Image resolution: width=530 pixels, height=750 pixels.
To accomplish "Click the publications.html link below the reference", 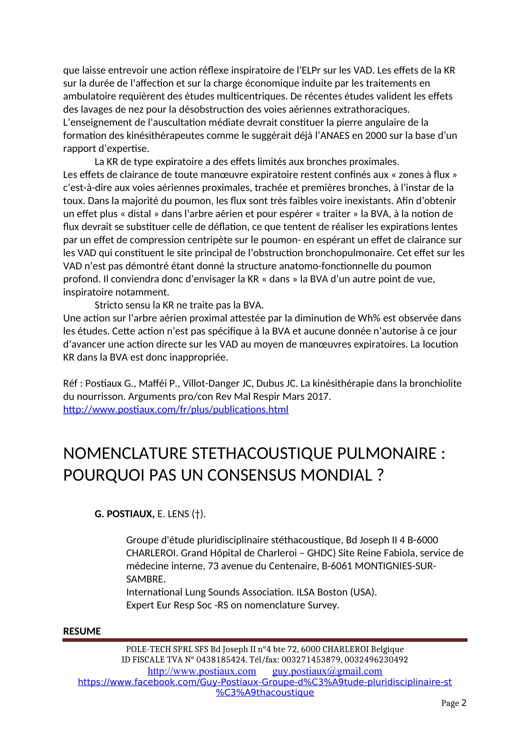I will [x=176, y=409].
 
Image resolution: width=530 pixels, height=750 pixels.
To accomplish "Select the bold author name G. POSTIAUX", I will [x=124, y=514].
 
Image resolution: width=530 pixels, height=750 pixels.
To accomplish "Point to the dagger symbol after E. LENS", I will [x=197, y=514].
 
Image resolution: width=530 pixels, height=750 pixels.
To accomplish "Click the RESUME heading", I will [x=82, y=631].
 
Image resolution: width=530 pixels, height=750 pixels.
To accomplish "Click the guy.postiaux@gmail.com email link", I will [x=327, y=671].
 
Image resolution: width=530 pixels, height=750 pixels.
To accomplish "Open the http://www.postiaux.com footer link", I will [x=202, y=671].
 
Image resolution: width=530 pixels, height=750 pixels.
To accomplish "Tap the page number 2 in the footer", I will [x=464, y=703].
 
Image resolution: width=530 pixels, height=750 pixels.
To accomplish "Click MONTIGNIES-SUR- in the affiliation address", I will [x=395, y=566].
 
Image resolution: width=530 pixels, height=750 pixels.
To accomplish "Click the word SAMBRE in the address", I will [x=145, y=579].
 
